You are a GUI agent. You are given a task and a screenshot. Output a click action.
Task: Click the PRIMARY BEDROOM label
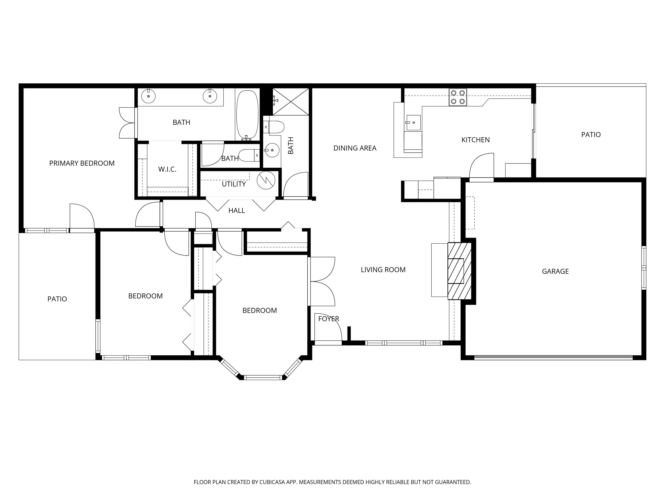(82, 163)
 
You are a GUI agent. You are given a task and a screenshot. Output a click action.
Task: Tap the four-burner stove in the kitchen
(458, 97)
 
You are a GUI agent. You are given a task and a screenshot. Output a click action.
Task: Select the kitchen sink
(413, 122)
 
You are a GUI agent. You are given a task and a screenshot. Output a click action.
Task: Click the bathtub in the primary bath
(247, 115)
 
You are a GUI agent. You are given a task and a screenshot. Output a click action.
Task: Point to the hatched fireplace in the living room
(459, 271)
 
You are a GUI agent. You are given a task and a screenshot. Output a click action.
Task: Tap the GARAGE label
(555, 271)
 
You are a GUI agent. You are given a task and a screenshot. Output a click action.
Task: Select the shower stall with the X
(291, 102)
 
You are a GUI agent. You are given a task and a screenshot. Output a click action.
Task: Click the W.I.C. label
(167, 169)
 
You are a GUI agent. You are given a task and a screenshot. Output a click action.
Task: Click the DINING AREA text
(355, 148)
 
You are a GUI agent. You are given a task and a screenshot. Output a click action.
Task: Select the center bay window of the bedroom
(263, 377)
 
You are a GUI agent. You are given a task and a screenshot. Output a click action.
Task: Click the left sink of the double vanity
(148, 96)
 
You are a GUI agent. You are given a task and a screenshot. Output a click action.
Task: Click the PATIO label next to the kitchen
(591, 135)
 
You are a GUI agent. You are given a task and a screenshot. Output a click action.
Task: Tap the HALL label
(237, 210)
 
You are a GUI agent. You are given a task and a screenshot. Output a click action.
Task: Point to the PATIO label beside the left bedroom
(57, 299)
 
